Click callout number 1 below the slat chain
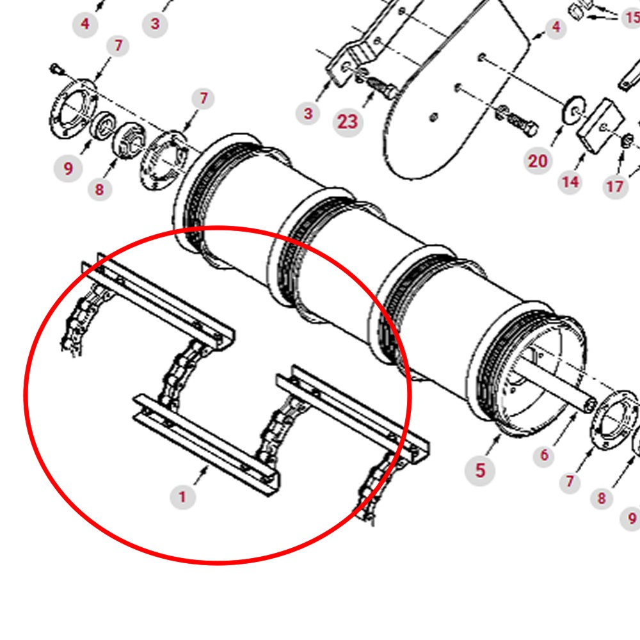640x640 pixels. coord(182,497)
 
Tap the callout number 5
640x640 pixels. coord(480,470)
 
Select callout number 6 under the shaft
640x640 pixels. coord(544,454)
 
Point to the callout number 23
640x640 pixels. coord(348,122)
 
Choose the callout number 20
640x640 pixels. coord(538,161)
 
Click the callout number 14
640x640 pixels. coord(570,182)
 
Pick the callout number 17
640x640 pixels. coord(615,186)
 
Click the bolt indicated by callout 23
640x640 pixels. coord(381,87)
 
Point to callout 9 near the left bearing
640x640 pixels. coord(68,168)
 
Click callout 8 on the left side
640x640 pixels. coord(100,189)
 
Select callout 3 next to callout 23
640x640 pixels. coord(308,113)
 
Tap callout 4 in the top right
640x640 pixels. coord(556,27)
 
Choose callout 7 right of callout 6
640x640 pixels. coord(570,482)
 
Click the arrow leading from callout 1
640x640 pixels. coord(201,476)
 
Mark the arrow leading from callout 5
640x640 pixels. coord(493,445)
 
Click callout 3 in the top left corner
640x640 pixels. coord(155,24)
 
